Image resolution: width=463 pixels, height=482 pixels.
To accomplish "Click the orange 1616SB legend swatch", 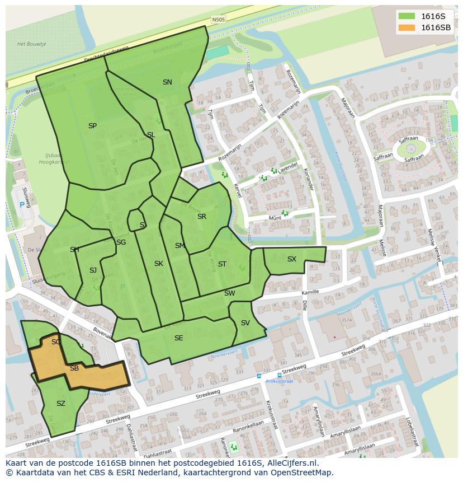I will [407, 27].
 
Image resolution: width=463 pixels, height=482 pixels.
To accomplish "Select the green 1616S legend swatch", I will [407, 16].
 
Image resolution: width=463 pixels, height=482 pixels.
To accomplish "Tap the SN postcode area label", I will [167, 82].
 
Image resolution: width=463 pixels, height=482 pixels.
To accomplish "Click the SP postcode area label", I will [92, 126].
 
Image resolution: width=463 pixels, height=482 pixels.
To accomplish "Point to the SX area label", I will [292, 259].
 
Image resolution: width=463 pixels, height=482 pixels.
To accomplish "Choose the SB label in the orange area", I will [74, 368].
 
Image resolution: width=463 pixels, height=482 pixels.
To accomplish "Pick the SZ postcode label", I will [61, 404].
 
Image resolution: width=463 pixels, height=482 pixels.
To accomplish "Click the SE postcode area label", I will [178, 338].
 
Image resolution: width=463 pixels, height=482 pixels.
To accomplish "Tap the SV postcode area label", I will [245, 323].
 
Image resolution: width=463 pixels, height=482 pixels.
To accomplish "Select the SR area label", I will [202, 217].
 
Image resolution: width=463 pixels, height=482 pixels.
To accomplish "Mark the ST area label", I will [222, 264].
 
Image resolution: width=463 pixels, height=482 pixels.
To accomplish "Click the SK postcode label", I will [159, 264].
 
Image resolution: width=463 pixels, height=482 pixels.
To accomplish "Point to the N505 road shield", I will [219, 20].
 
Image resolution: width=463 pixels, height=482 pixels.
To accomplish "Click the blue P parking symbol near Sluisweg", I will [22, 205].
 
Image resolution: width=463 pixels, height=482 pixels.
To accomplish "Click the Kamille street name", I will [310, 292].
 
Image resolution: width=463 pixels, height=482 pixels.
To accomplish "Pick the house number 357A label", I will [347, 320].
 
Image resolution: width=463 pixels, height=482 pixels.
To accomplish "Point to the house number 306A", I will [375, 375].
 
